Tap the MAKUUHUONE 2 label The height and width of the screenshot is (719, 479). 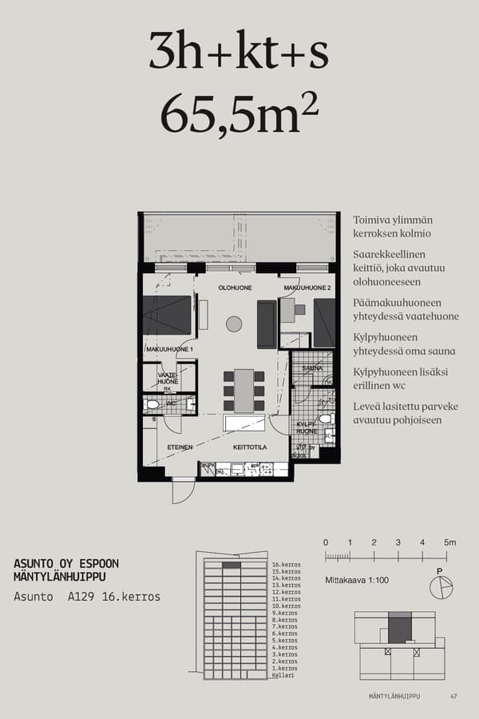point(306,288)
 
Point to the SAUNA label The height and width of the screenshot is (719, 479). point(312,368)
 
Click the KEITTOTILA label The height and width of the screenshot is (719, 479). point(250,447)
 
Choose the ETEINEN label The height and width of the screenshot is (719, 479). point(180,447)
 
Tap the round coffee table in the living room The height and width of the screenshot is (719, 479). point(234,324)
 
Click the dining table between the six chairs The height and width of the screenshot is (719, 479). point(243,390)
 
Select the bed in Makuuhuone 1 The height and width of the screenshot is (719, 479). point(167,316)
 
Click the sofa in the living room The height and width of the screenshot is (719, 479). point(267,324)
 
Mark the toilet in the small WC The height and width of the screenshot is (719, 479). point(153,405)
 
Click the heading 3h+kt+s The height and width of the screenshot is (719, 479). point(239,53)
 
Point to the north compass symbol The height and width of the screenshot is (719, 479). point(440,588)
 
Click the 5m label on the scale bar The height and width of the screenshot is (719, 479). point(450,542)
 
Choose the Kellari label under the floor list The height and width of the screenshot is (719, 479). point(283,676)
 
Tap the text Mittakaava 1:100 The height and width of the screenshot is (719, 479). point(357,580)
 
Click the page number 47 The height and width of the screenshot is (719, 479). point(453,697)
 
